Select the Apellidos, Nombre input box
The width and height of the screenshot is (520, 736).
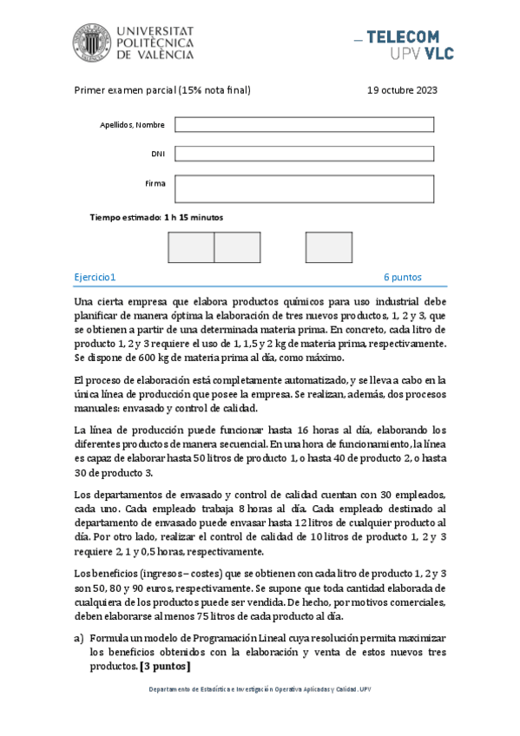click(304, 124)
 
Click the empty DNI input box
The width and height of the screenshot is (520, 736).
click(304, 154)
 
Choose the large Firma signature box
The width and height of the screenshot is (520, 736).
click(304, 188)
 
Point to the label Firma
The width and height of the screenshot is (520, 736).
click(155, 184)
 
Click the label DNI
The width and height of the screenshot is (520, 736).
click(158, 154)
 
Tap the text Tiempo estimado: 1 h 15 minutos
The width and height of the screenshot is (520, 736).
click(156, 217)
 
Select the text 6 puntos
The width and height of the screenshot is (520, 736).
click(403, 277)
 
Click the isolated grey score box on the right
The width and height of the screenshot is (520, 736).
click(328, 247)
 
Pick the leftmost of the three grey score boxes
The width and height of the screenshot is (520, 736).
click(190, 247)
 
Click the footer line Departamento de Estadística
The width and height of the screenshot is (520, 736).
click(260, 690)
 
